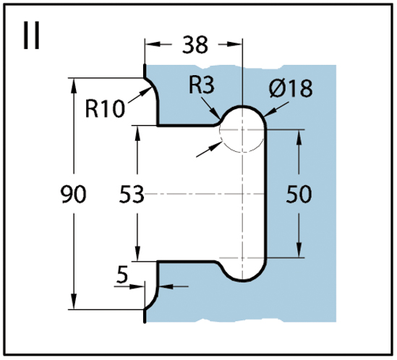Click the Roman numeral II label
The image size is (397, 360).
(32, 35)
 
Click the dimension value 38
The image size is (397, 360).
(195, 45)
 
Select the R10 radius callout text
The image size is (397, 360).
(105, 109)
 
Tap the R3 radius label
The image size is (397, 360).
(202, 85)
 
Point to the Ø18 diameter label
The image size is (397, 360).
(291, 88)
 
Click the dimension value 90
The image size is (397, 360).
(74, 194)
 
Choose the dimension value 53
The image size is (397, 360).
(132, 194)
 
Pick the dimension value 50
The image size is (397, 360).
(299, 194)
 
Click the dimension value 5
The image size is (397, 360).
(122, 275)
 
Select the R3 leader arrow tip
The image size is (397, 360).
(220, 119)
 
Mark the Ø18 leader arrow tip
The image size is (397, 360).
(263, 116)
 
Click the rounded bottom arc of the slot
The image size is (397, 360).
(242, 280)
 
